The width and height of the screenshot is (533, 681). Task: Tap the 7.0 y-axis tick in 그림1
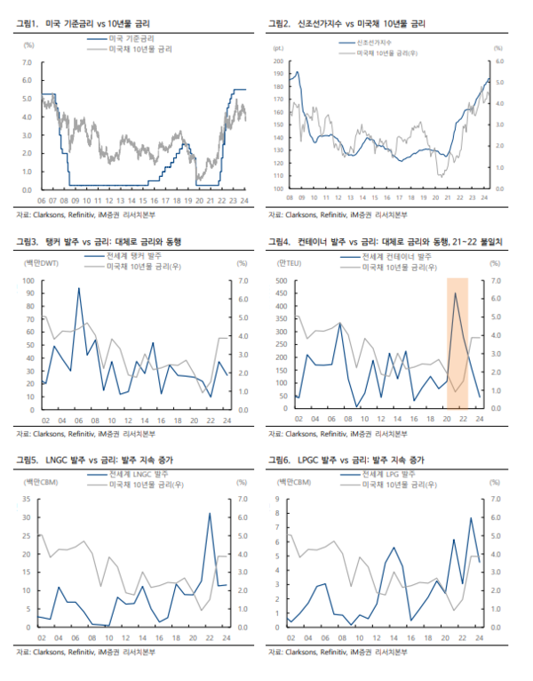[25, 62]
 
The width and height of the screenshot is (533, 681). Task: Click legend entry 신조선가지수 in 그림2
[372, 43]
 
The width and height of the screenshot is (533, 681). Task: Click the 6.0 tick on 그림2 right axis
[499, 62]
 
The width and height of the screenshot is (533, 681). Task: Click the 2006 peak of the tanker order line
[79, 288]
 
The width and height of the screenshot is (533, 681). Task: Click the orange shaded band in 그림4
[457, 342]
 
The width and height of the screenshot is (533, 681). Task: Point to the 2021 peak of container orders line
[457, 293]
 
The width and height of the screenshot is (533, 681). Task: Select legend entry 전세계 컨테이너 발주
[396, 255]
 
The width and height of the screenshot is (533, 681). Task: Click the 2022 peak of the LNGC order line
[210, 513]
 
